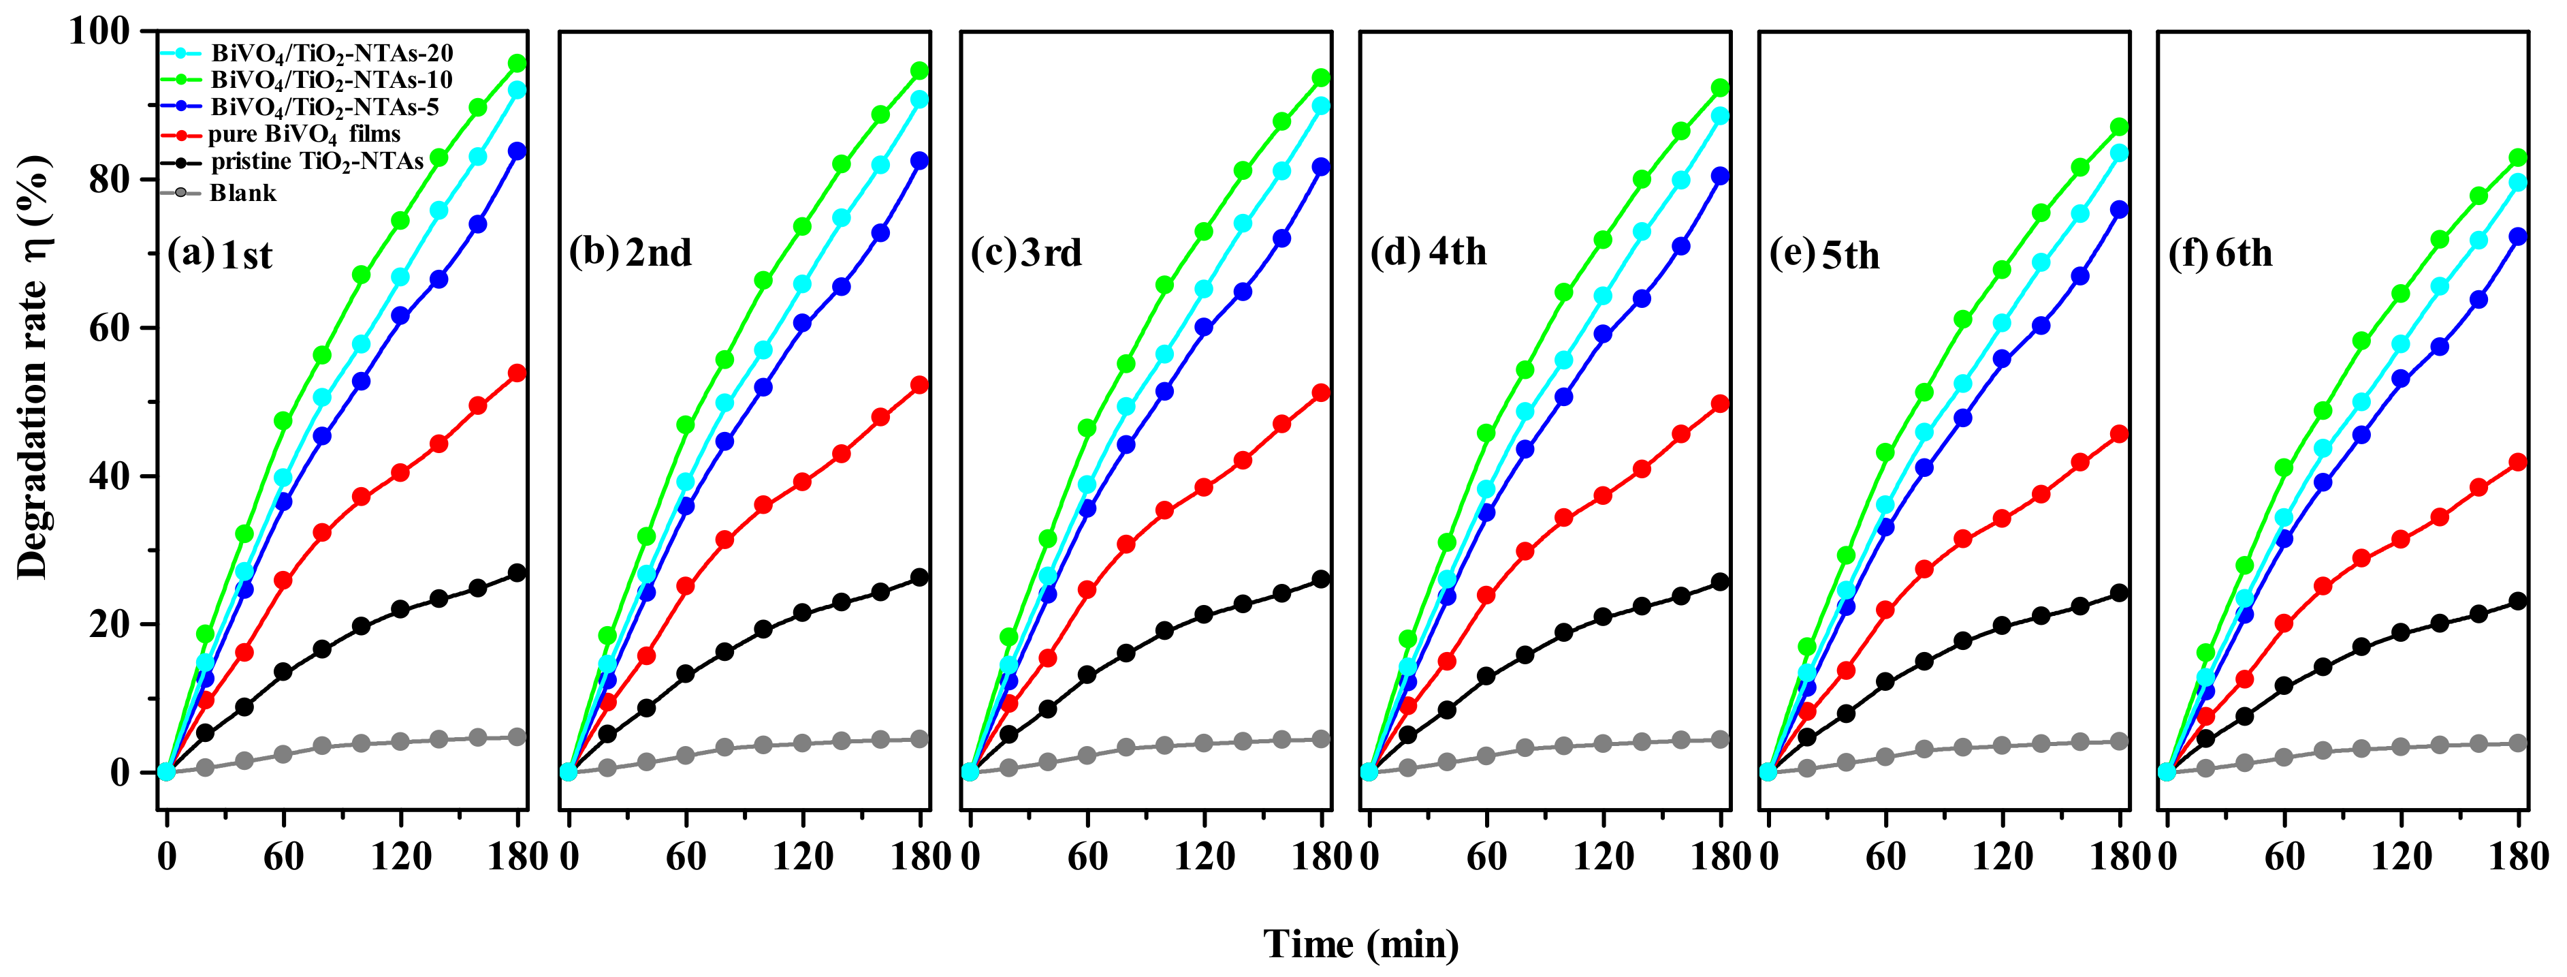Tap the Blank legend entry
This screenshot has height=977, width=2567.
coord(242,192)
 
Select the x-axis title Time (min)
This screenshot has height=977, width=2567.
coord(1361,943)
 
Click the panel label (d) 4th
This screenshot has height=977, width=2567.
coord(1428,252)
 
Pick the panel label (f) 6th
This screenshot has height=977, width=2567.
coord(2220,253)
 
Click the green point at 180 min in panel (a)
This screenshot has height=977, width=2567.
coord(517,63)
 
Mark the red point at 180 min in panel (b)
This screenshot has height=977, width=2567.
coord(919,385)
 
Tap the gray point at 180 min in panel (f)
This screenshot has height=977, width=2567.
coord(2518,743)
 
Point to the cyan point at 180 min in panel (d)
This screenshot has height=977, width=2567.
coord(1720,116)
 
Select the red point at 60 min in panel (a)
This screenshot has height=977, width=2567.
coord(283,580)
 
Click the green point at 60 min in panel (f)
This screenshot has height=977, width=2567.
coord(2284,467)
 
